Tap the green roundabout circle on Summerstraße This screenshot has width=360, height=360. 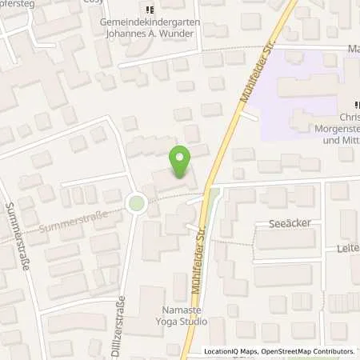coord(137,204)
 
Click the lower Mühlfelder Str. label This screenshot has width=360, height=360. coord(195,249)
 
